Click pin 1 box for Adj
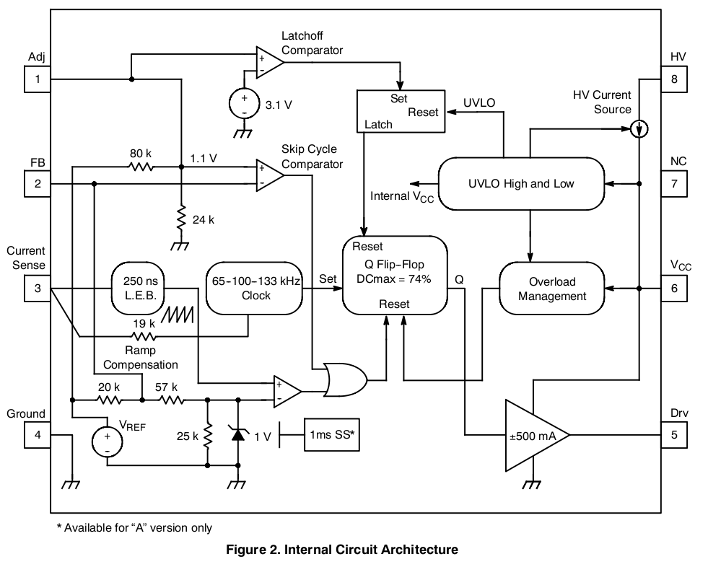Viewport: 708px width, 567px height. point(38,79)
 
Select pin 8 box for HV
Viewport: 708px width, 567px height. point(674,79)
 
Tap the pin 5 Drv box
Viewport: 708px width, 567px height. point(674,435)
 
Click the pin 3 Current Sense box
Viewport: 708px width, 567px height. point(38,289)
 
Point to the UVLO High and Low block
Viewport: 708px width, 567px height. point(521,183)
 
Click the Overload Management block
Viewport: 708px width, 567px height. point(552,289)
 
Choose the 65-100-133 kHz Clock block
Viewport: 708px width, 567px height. point(256,289)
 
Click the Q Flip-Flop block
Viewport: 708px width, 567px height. point(395,274)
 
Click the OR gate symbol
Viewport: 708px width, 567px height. point(345,379)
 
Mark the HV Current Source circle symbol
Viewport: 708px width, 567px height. point(639,130)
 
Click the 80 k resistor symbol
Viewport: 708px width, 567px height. point(141,167)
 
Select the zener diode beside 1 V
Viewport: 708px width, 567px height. point(238,433)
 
